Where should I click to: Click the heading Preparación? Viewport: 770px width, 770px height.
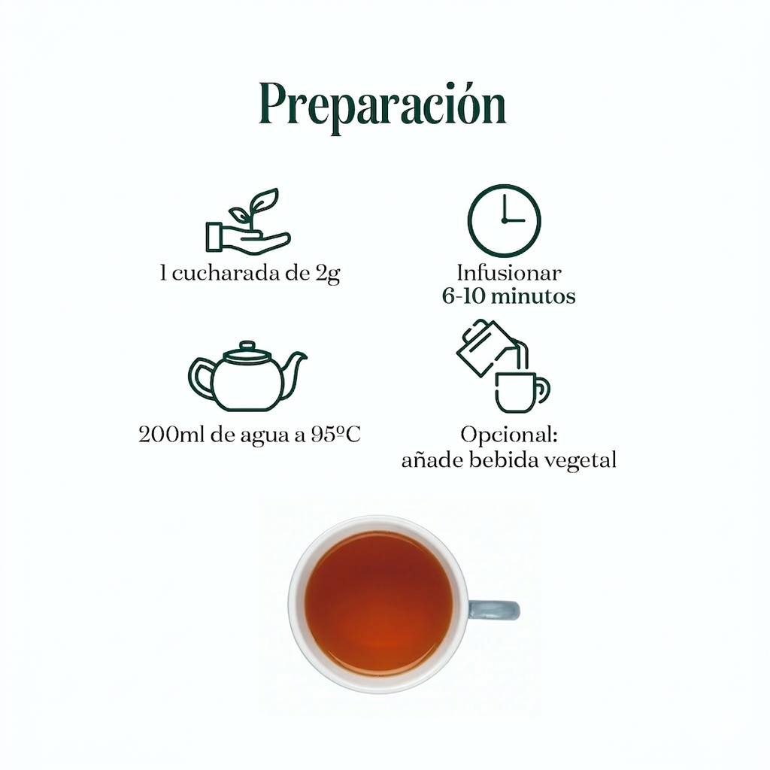click(x=383, y=105)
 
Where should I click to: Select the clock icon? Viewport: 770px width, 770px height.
click(x=504, y=221)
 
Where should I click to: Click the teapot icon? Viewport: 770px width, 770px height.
click(x=247, y=377)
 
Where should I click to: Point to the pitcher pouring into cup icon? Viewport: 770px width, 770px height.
click(x=503, y=366)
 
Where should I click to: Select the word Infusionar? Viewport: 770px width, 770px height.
click(x=509, y=273)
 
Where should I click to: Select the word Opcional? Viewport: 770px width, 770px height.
click(x=508, y=435)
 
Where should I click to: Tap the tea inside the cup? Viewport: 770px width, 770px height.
click(x=378, y=602)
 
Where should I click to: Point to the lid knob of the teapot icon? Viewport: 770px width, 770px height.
click(x=247, y=346)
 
